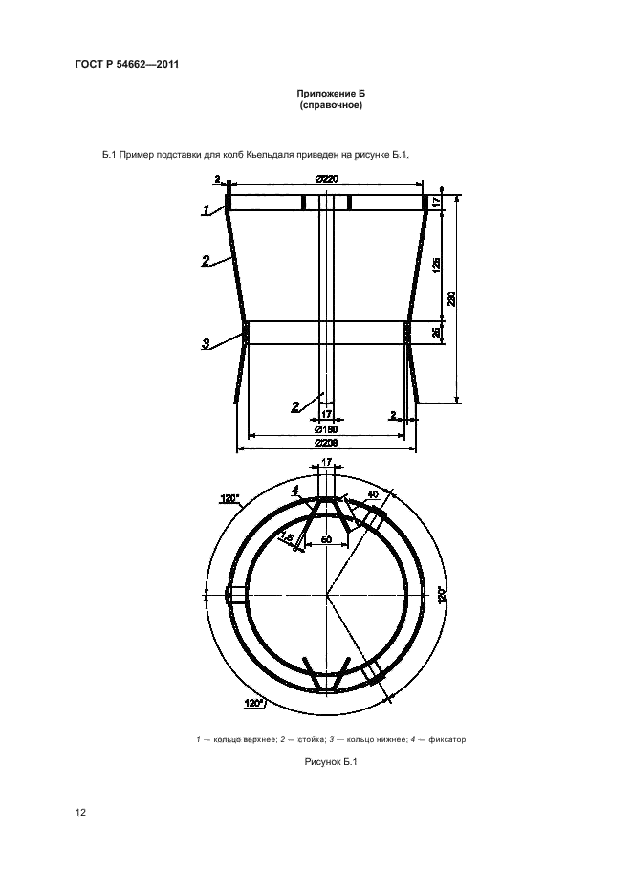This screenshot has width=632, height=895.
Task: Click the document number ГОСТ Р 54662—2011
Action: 127,64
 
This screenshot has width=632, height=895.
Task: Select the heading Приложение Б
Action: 331,94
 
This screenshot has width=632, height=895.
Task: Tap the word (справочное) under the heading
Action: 331,105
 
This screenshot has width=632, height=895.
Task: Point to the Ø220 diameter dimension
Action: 327,179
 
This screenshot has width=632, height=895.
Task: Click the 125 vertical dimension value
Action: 437,264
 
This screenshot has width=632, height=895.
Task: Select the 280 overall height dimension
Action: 451,298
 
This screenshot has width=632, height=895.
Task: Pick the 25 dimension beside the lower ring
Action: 437,332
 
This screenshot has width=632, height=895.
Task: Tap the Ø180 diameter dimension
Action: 327,429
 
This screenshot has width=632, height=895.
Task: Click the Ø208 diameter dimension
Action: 327,443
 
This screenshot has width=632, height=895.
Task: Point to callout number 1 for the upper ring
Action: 205,210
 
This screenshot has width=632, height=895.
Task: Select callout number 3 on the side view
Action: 206,343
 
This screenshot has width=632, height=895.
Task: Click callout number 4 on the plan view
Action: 295,491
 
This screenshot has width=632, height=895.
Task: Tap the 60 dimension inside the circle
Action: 327,539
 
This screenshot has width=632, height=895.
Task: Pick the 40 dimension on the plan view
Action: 372,495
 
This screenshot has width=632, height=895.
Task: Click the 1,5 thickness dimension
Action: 287,536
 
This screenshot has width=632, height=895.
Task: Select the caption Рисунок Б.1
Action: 331,761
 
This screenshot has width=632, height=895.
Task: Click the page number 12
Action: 80,812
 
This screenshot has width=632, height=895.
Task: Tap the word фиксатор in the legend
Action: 447,739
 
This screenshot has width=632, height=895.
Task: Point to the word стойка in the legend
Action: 310,739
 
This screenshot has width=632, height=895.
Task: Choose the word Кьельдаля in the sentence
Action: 267,155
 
